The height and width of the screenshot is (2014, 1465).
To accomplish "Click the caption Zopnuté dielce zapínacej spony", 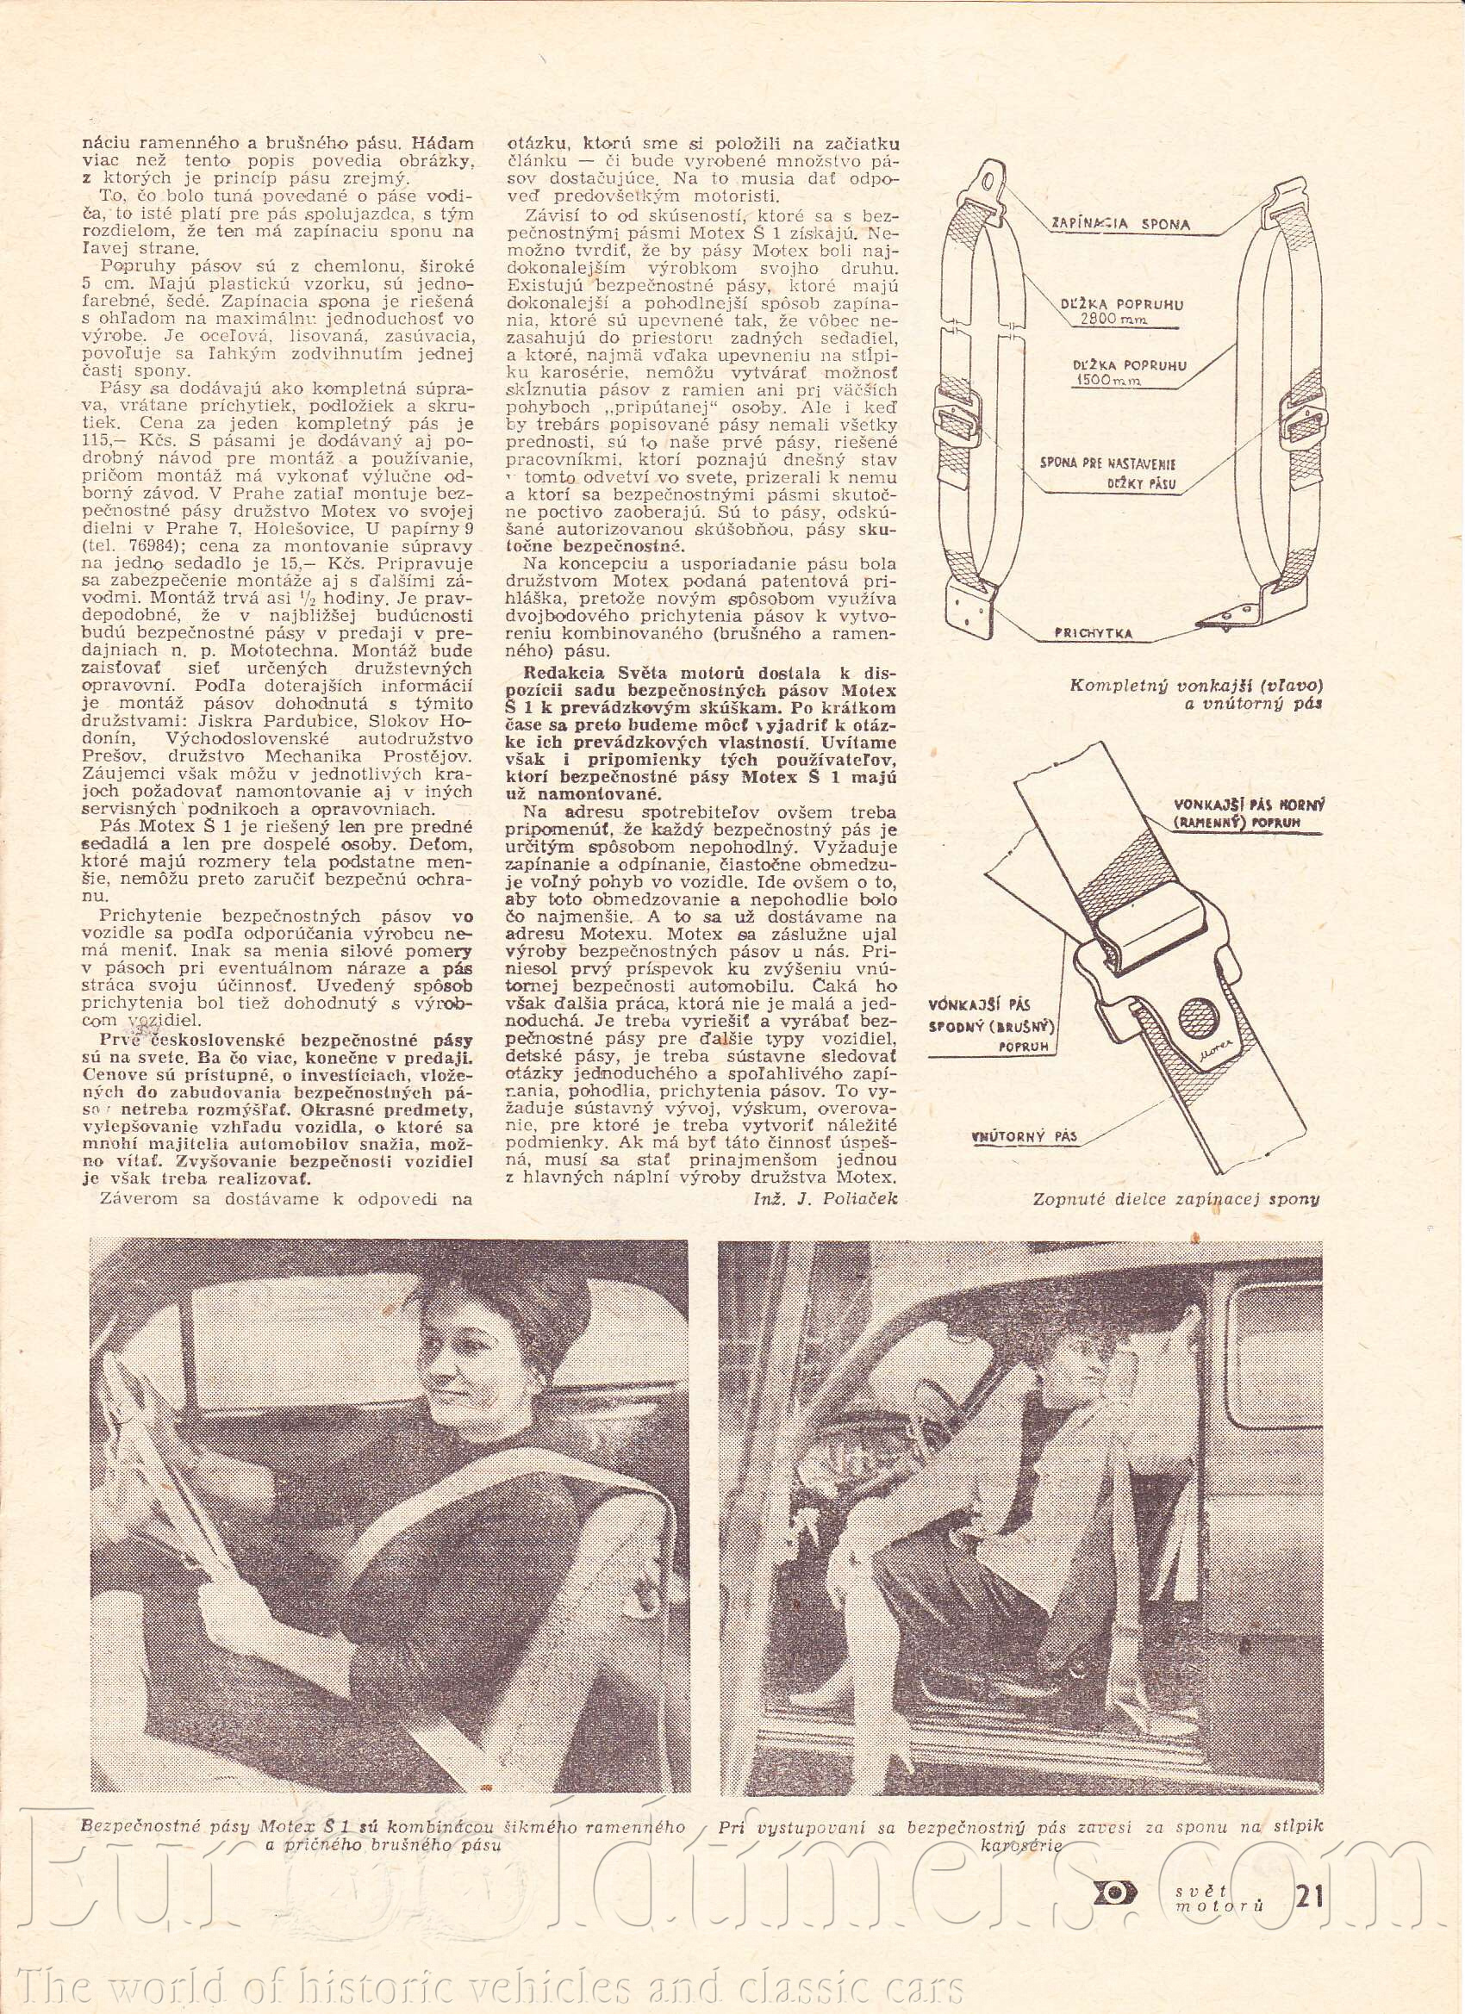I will pos(1176,1199).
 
